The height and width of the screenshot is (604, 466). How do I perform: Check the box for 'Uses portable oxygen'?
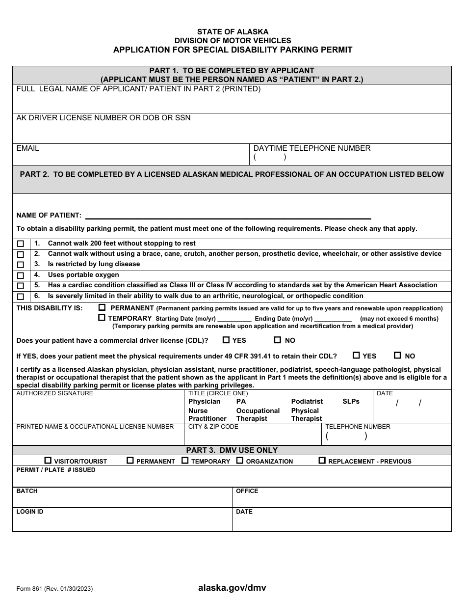pyautogui.click(x=20, y=275)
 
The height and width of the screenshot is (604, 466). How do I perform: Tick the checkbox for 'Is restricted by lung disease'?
pyautogui.click(x=20, y=265)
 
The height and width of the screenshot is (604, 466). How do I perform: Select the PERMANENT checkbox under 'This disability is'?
pyautogui.click(x=102, y=307)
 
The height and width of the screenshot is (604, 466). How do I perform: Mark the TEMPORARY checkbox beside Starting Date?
pyautogui.click(x=102, y=318)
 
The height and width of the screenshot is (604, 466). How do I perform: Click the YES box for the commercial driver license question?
pyautogui.click(x=226, y=340)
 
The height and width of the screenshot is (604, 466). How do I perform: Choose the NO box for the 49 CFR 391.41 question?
pyautogui.click(x=397, y=356)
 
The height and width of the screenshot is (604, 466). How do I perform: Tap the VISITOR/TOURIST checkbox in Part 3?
pyautogui.click(x=48, y=461)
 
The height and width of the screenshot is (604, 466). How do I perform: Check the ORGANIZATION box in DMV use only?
pyautogui.click(x=240, y=461)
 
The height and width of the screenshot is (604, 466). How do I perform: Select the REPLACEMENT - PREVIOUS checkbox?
pyautogui.click(x=322, y=461)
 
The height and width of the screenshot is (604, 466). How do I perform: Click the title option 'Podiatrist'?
pyautogui.click(x=307, y=402)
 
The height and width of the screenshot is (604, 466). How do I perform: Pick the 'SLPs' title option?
pyautogui.click(x=351, y=402)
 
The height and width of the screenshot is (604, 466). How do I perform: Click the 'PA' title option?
pyautogui.click(x=241, y=402)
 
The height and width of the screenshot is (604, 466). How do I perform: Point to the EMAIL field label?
pyautogui.click(x=28, y=148)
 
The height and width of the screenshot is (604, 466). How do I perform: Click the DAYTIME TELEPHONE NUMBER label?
pyautogui.click(x=312, y=148)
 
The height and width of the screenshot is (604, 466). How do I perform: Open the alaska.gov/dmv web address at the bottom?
pyautogui.click(x=232, y=588)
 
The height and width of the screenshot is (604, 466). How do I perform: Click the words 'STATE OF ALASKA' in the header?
pyautogui.click(x=233, y=32)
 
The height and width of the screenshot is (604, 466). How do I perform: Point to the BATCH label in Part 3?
pyautogui.click(x=27, y=491)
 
